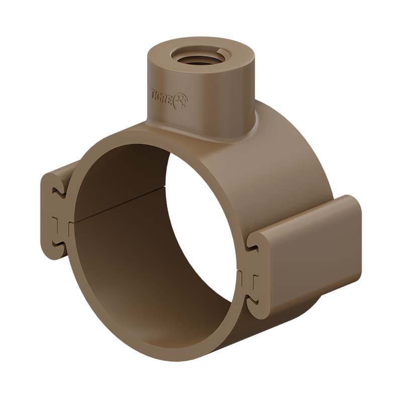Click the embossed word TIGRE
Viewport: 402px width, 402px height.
coord(161,95)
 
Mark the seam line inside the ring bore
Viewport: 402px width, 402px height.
coord(121,206)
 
